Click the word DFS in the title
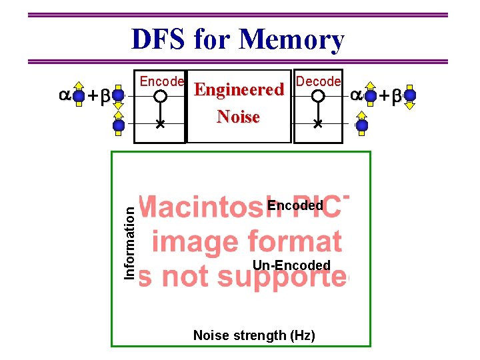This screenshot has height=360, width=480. click(160, 39)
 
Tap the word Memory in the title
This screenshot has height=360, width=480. click(292, 39)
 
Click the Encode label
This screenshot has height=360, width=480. click(161, 81)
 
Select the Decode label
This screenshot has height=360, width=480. click(318, 81)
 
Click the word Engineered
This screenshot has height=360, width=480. click(239, 90)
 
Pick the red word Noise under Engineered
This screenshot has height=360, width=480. click(238, 117)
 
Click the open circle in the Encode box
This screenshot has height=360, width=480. click(160, 96)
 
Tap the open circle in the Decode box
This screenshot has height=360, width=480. click(318, 96)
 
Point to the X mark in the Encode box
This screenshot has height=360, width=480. click(160, 124)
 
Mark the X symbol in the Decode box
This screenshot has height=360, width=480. click(318, 124)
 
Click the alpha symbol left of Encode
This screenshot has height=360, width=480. click(65, 95)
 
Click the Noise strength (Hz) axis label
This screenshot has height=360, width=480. click(253, 335)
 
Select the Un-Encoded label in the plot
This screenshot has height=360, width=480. click(291, 265)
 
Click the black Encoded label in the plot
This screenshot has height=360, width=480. click(295, 205)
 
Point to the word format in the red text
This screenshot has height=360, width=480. click(297, 241)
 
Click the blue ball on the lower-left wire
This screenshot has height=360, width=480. click(119, 125)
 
